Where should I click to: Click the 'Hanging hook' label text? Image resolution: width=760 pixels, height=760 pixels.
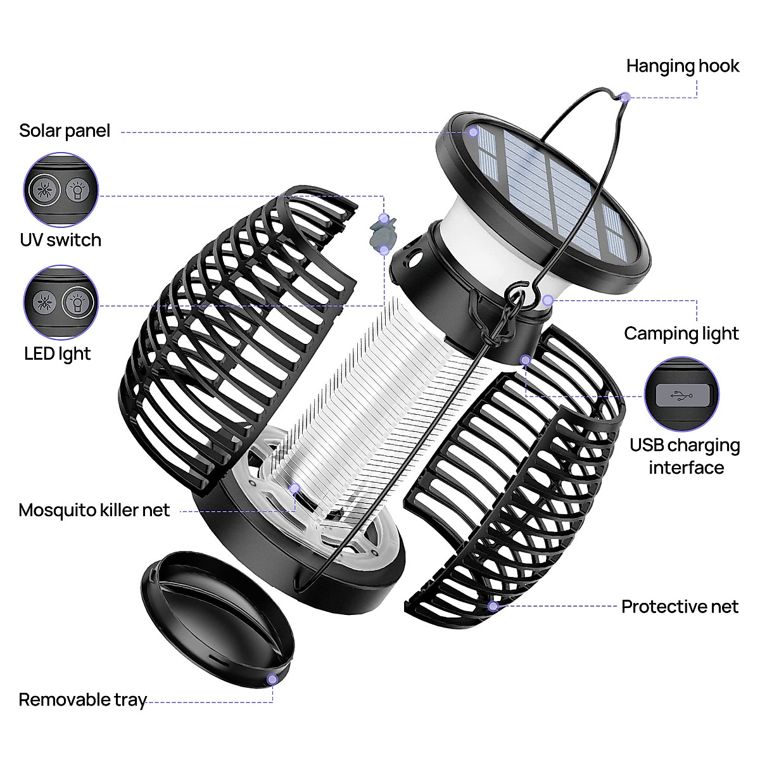[682, 66]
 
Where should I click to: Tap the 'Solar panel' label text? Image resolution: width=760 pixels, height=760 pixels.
[65, 130]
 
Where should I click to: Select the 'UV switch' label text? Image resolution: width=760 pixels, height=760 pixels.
[60, 240]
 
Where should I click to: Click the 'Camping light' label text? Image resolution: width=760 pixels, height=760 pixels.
[681, 333]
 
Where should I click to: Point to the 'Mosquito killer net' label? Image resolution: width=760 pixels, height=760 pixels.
[94, 510]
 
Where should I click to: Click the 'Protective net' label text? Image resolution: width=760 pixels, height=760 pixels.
[680, 607]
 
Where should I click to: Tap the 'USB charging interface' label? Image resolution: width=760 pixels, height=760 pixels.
[685, 456]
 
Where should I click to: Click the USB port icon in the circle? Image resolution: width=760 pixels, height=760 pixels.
[682, 396]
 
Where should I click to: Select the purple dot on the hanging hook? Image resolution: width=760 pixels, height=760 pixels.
[625, 97]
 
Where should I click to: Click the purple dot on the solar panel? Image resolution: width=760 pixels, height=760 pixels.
[473, 132]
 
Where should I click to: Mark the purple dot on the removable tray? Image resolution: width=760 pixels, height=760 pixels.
[272, 680]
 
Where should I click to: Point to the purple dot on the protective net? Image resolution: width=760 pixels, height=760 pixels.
[493, 606]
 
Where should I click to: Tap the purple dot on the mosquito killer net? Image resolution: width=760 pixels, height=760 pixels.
[294, 488]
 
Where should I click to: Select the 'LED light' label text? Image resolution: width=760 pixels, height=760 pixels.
[58, 353]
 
